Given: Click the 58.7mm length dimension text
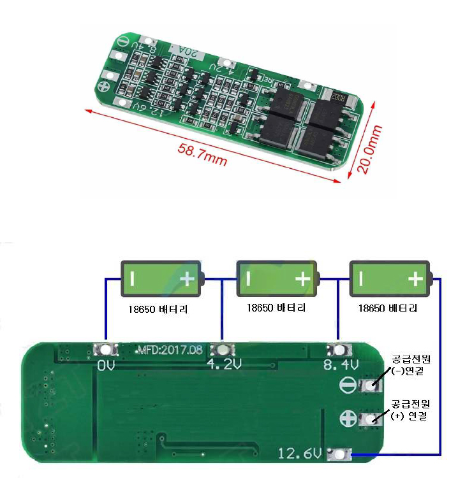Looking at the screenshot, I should [202, 155].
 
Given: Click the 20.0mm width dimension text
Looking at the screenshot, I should [370, 150].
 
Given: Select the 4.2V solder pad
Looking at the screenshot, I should [223, 350].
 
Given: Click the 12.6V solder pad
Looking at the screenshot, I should [338, 454].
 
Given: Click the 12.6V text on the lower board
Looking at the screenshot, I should [299, 453].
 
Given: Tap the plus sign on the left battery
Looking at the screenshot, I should [188, 278].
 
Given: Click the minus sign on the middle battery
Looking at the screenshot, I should [247, 278].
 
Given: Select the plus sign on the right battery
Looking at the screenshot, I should [415, 278].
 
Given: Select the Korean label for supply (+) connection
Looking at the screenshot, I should [411, 410].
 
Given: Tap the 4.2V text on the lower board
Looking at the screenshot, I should [224, 364].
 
